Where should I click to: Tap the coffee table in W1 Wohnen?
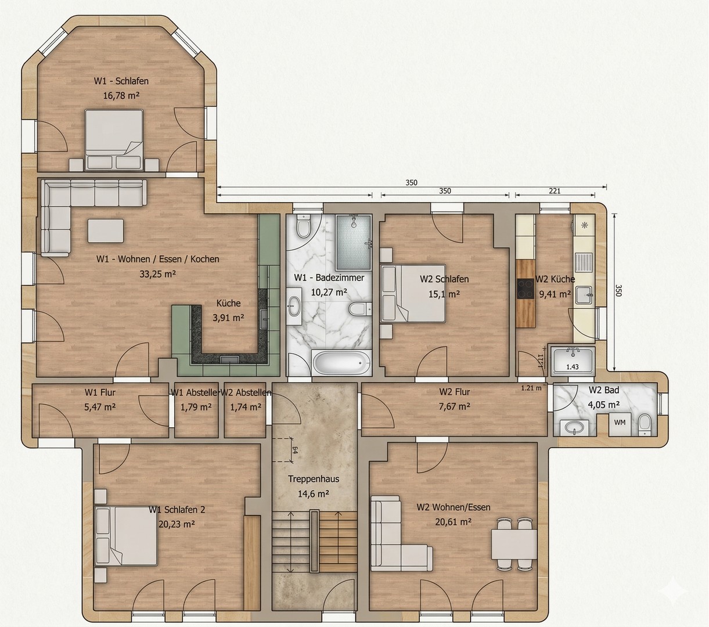pos(106,230)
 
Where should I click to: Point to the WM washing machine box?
pos(620,423)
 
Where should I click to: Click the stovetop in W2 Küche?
pos(526,288)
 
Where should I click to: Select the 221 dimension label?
pos(555,190)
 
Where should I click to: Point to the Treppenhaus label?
pos(314,479)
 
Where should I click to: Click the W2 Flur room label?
pos(455,392)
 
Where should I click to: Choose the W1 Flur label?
pos(100,392)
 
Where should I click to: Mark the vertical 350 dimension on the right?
pos(619,290)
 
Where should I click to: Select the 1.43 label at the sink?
pos(572,367)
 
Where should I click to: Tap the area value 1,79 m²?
pos(196,407)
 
